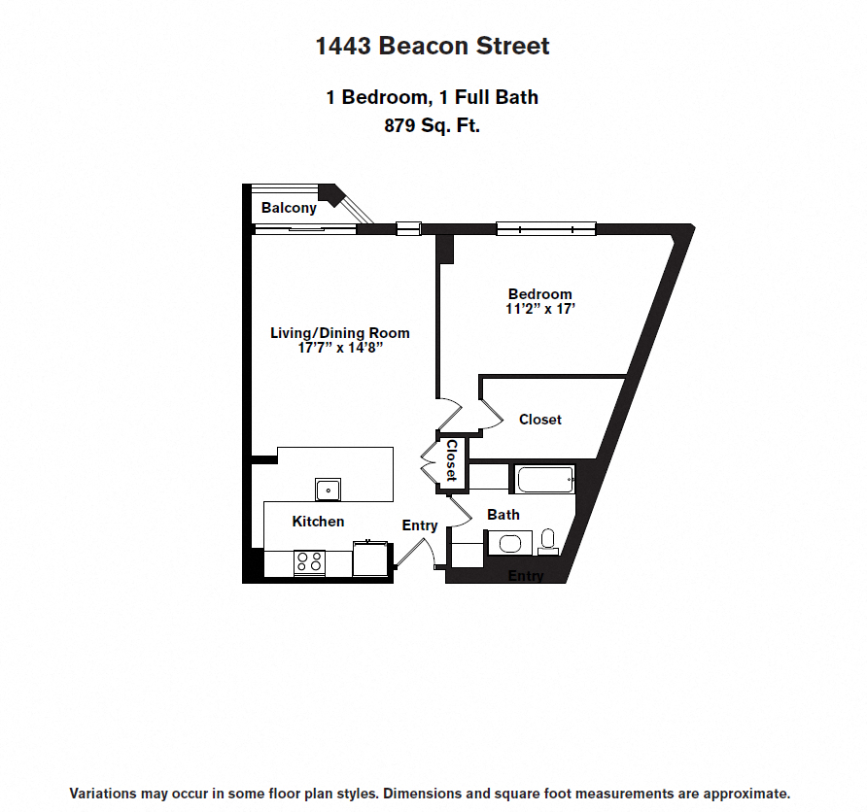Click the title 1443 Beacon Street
click(433, 46)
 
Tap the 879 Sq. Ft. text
click(433, 125)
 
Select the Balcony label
click(289, 208)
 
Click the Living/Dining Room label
click(339, 333)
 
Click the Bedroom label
click(540, 294)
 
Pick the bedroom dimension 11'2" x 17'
click(540, 309)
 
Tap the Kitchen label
click(318, 522)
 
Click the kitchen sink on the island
click(328, 488)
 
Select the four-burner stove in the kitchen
click(309, 561)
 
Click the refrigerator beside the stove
click(370, 558)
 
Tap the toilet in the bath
click(547, 540)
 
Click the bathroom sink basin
click(510, 543)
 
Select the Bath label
click(503, 515)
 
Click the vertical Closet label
click(451, 461)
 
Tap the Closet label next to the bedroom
click(540, 420)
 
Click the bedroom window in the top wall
click(545, 229)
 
